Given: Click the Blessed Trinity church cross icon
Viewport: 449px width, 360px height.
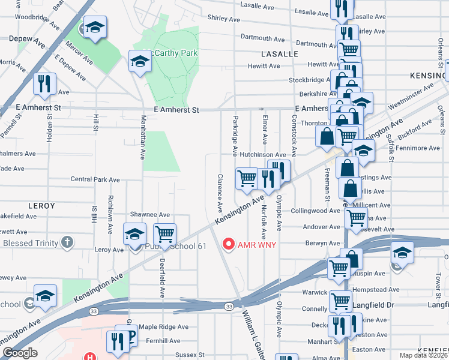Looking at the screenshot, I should click(x=67, y=242).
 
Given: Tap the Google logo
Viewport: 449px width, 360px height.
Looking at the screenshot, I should click(x=19, y=353).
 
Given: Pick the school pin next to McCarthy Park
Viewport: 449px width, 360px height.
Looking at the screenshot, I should click(x=139, y=61).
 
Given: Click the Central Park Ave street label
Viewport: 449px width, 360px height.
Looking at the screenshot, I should click(x=95, y=179).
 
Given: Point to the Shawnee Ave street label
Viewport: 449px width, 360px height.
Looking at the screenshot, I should click(x=150, y=215).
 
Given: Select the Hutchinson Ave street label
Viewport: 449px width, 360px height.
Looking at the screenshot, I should click(x=263, y=154).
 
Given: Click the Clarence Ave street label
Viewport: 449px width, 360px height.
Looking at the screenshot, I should click(x=220, y=193).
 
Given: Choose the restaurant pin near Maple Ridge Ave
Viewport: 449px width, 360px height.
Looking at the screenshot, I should click(x=115, y=340).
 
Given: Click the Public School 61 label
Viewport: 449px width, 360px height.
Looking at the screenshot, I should click(x=176, y=247).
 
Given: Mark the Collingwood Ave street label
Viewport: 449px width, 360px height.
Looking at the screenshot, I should click(x=315, y=211).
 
